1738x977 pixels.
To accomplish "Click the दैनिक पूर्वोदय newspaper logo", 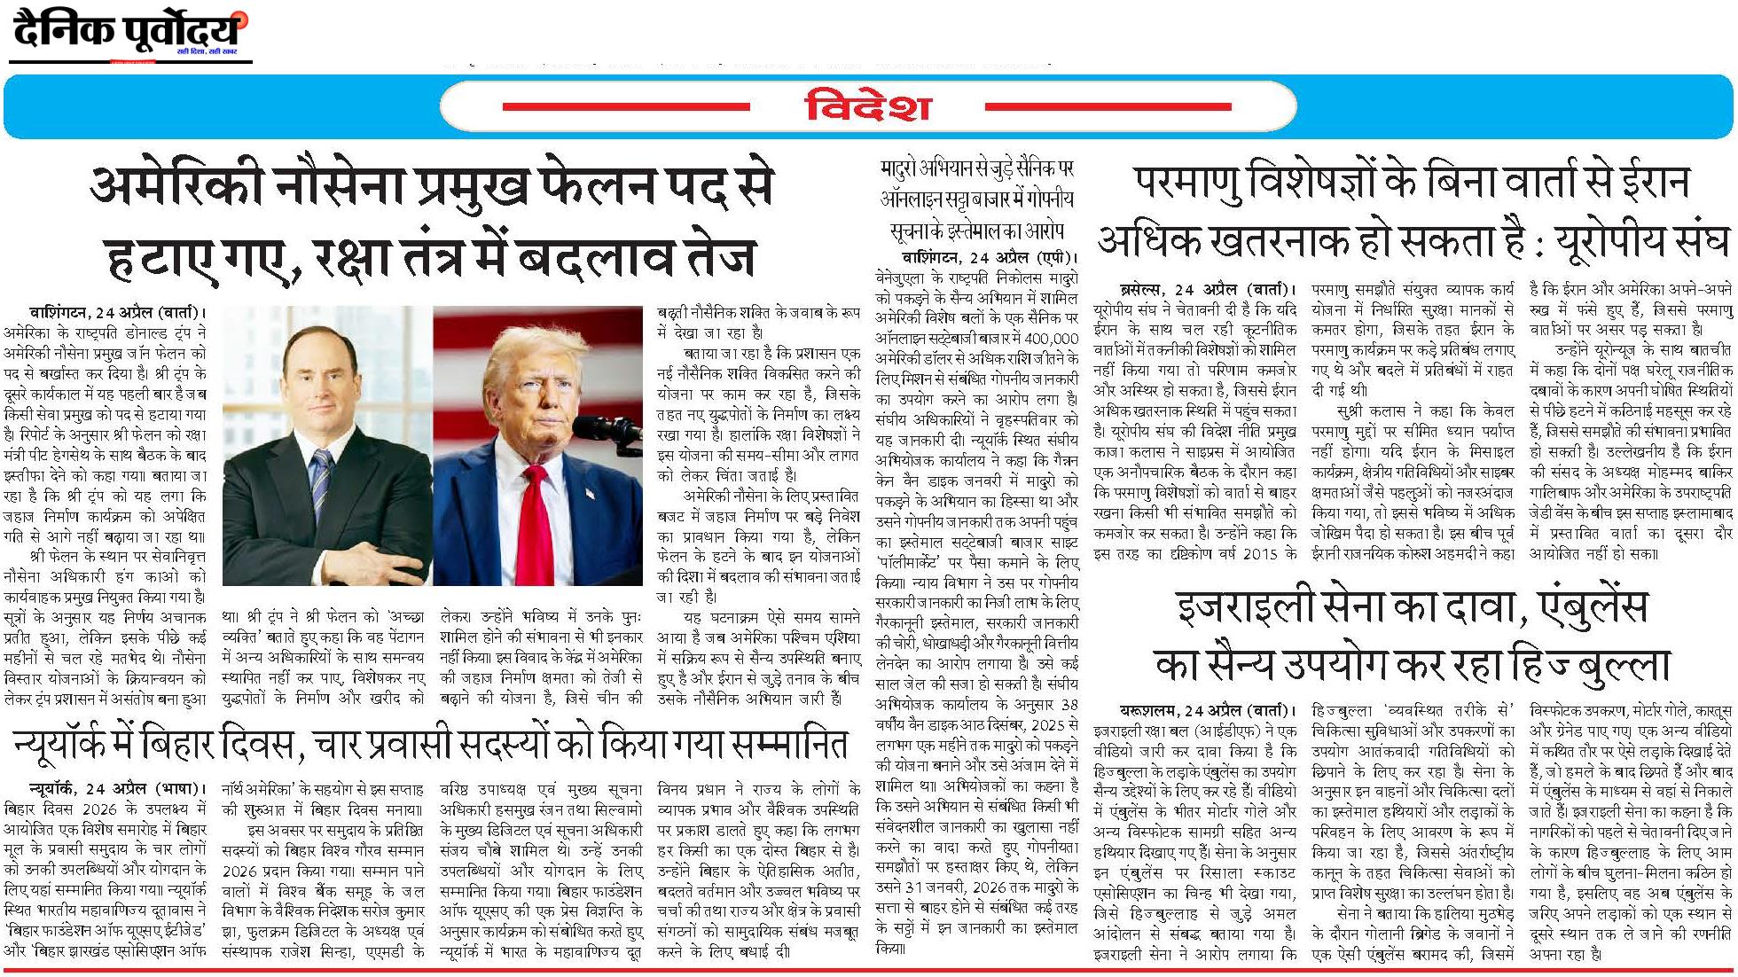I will click(129, 33).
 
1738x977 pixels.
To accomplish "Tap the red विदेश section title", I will click(868, 107).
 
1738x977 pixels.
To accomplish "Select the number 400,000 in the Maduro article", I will click(1052, 339).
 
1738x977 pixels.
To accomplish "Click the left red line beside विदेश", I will click(626, 107).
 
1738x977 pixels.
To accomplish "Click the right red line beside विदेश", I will click(1108, 107).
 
